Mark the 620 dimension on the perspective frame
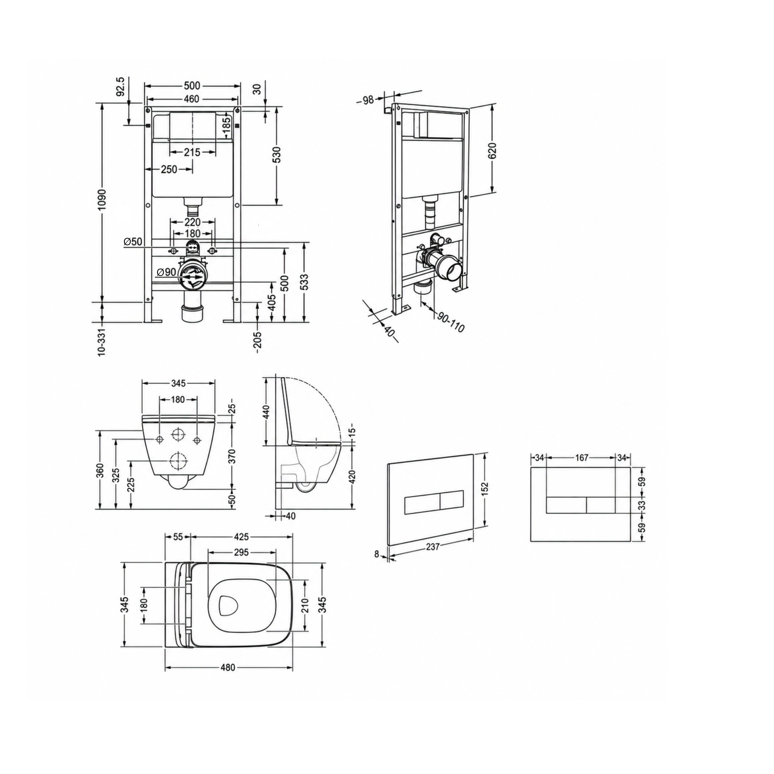click(492, 151)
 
